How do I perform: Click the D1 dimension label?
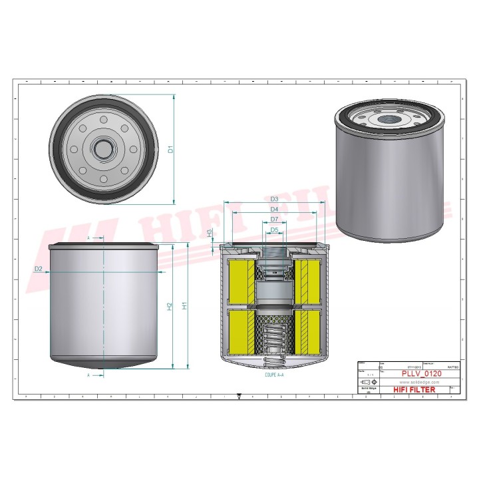point(170,150)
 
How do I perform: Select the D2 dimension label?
point(39,268)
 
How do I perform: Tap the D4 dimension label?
point(274,210)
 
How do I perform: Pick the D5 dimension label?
point(274,230)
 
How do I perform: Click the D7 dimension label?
point(274,220)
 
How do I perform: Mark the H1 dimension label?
point(186,305)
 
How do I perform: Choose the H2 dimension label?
point(170,305)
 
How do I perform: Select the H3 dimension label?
point(210,234)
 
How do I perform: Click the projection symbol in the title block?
point(367,383)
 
